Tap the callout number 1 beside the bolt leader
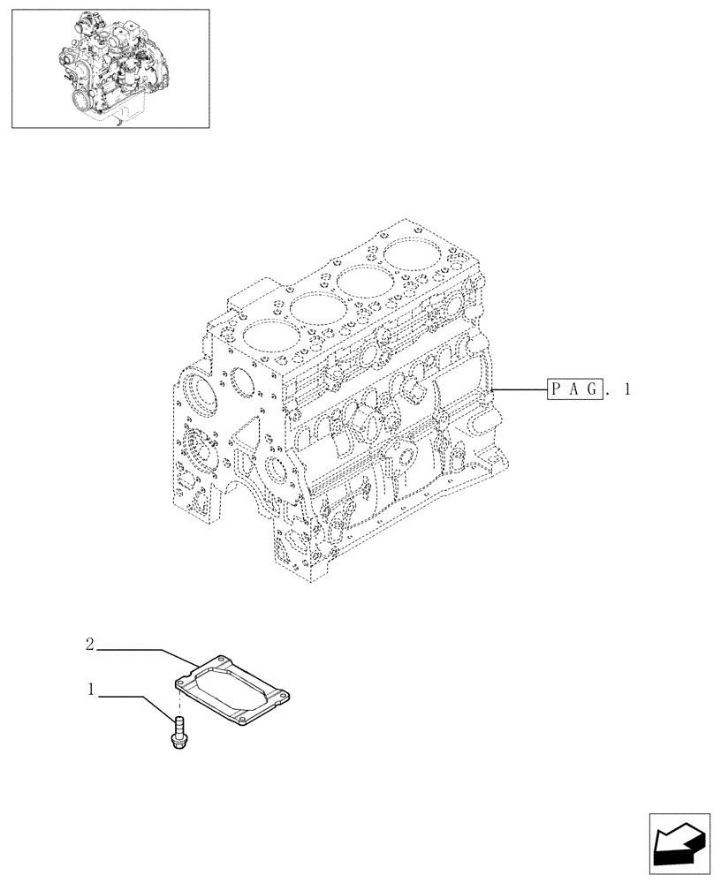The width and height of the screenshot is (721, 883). click(90, 688)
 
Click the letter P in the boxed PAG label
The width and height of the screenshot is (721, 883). click(558, 389)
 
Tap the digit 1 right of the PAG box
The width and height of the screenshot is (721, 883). click(627, 389)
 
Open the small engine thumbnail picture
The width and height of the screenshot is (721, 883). click(110, 68)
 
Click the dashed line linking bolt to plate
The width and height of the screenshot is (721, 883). click(178, 702)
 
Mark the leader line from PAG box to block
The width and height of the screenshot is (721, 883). click(521, 389)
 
